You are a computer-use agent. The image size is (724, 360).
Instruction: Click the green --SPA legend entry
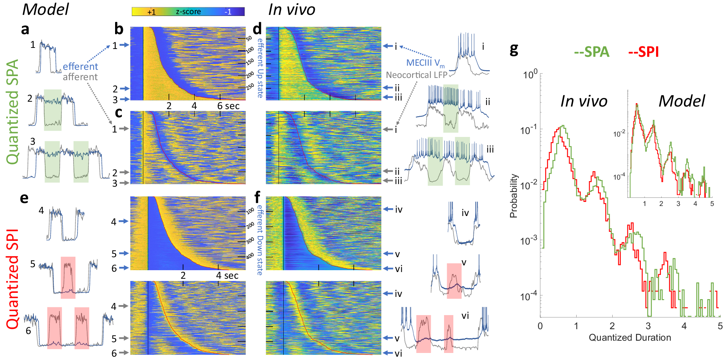592,52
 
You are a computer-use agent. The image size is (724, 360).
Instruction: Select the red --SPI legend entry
643,52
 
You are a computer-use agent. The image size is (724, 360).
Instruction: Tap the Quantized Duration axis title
630,337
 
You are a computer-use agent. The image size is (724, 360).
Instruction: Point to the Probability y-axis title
513,196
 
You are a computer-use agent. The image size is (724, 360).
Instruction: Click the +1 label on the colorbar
151,12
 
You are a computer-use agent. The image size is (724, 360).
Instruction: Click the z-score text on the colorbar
188,12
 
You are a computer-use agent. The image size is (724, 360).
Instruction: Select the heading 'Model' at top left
45,9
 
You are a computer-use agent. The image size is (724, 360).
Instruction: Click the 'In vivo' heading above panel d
291,9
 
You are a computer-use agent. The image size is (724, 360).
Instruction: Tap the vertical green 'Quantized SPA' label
13,111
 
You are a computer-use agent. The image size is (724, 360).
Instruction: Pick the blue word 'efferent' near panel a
80,66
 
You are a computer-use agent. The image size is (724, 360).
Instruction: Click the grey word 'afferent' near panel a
80,77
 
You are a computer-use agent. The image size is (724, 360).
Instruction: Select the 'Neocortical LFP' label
417,75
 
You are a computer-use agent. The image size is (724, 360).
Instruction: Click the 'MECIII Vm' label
425,63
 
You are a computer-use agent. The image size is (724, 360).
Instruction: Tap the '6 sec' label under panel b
228,106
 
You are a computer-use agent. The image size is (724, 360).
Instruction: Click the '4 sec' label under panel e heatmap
227,275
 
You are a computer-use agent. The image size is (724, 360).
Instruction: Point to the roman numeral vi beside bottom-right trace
465,315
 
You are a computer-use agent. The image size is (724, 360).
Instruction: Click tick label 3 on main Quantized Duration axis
648,326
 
